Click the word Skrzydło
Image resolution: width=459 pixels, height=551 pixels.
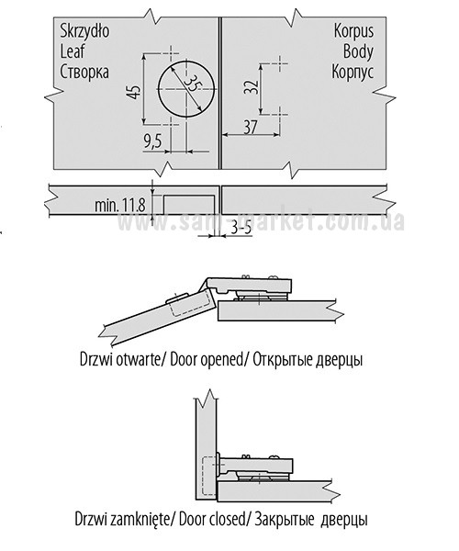pos(84,31)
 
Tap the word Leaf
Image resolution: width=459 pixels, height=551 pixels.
pos(73,51)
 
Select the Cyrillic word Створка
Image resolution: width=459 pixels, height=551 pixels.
pos(84,72)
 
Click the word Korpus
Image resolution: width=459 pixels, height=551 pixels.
pos(353,31)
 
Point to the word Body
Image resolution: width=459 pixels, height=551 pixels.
pos(358,51)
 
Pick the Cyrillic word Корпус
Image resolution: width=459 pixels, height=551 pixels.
pos(353,72)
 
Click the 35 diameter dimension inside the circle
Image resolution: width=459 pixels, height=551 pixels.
pos(193,84)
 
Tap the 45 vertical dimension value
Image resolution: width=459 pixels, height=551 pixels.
pos(135,90)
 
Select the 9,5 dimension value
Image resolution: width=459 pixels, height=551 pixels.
pos(152,141)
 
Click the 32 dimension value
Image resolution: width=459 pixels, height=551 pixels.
pos(252,87)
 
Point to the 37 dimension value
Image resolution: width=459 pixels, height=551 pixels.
pos(251,128)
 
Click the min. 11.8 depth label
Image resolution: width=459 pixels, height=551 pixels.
pos(120,205)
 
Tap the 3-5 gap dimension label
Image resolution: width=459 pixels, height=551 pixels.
pos(241,229)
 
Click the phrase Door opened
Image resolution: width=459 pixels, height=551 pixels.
pos(207,360)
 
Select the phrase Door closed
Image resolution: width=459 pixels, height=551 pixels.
pos(211,519)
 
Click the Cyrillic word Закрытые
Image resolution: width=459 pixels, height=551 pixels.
pos(285,519)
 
